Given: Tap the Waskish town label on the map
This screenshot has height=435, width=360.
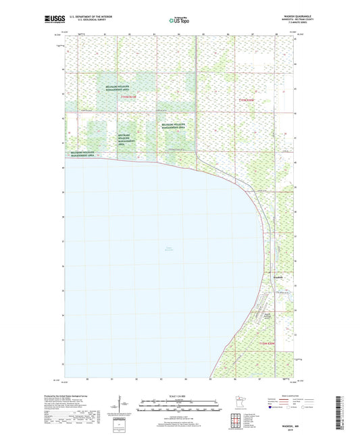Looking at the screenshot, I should [279, 278].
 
